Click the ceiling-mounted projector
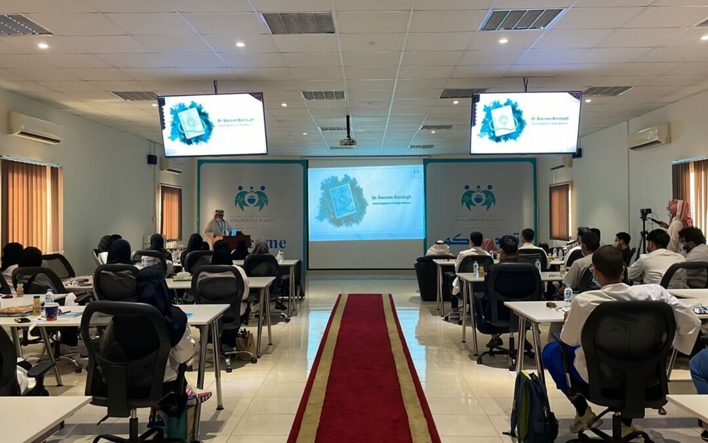(x=348, y=141)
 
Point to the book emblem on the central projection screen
(x=342, y=201)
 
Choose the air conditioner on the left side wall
(x=35, y=127)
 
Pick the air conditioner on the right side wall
(x=649, y=137)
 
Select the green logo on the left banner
(x=251, y=198)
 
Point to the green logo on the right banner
(x=478, y=197)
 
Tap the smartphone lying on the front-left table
(x=23, y=320)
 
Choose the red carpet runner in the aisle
(x=364, y=374)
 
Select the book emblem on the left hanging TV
(x=191, y=123)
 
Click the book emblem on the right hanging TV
(x=503, y=121)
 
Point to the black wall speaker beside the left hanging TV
(x=151, y=159)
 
